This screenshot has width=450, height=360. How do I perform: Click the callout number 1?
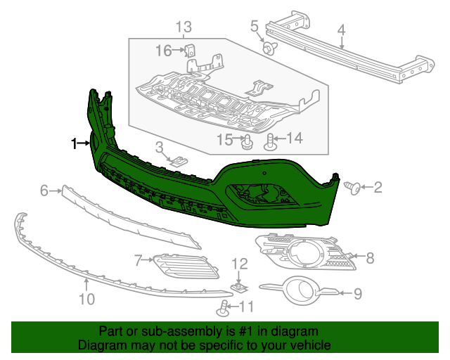[x=73, y=144]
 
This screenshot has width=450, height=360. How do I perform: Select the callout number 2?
[x=378, y=187]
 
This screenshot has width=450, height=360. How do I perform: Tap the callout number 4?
[x=341, y=30]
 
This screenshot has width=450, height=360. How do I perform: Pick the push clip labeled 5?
[x=269, y=48]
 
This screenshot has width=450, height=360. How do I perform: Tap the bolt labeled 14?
[x=271, y=143]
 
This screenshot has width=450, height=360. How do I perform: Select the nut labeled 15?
[x=247, y=144]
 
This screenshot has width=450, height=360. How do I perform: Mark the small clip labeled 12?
[x=240, y=287]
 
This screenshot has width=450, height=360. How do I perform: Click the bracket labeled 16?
[x=191, y=52]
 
